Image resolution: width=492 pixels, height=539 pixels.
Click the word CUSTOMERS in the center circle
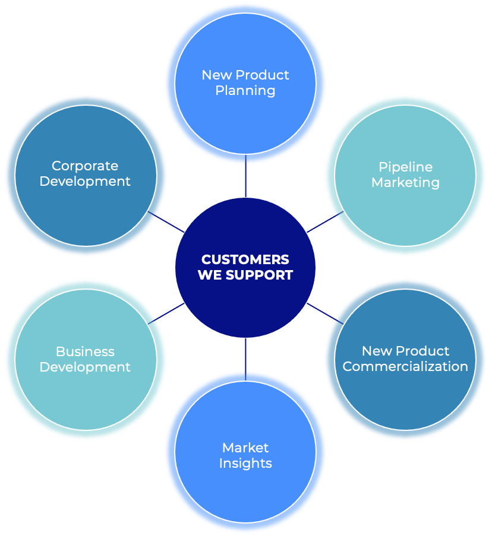click(245, 259)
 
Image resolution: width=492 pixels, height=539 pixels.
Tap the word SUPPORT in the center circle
click(261, 275)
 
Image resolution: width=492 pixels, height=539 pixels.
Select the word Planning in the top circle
click(245, 91)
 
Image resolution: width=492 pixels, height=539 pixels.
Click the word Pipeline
click(405, 167)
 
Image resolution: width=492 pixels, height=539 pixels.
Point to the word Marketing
click(405, 182)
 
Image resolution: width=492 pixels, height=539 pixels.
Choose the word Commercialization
click(405, 366)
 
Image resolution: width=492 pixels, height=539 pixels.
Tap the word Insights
click(245, 463)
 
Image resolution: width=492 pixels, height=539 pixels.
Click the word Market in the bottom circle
click(245, 448)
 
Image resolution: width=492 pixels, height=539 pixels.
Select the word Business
click(85, 351)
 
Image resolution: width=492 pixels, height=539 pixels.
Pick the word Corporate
click(85, 166)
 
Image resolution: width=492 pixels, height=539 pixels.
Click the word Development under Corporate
click(85, 181)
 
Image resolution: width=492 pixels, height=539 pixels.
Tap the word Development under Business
click(85, 367)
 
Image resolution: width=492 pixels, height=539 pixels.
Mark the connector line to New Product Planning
click(245, 176)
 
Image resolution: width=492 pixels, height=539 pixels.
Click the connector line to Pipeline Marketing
click(324, 221)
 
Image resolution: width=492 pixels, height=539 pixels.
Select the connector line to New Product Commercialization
click(325, 313)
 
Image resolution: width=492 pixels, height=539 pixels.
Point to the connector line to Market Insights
click(245, 359)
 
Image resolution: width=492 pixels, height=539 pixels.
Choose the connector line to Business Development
click(166, 313)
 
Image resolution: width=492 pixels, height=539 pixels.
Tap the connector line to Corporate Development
click(166, 222)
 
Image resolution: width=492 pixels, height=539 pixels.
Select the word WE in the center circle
click(209, 275)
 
